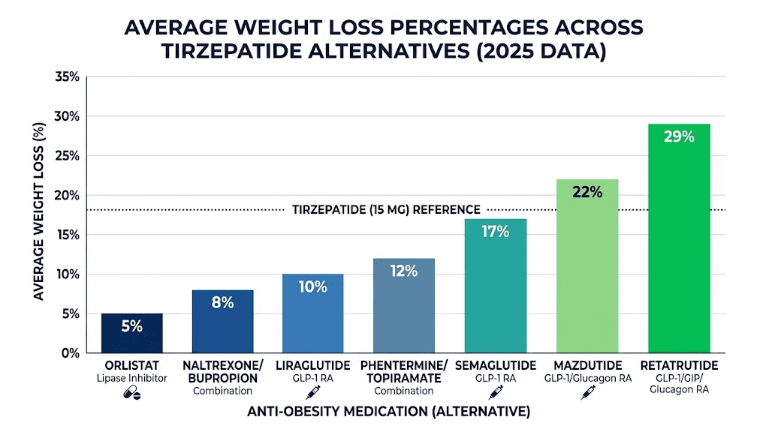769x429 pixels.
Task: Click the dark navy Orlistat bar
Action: point(131,333)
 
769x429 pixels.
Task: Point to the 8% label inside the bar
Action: point(223,303)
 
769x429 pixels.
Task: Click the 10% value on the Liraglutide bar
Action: point(312,286)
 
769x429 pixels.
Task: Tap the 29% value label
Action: point(679,137)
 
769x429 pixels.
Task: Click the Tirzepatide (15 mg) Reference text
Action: point(385,210)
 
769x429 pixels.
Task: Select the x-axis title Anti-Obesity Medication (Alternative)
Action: point(388,412)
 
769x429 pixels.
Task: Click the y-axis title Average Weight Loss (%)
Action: point(39,214)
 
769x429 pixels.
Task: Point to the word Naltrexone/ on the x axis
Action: point(223,365)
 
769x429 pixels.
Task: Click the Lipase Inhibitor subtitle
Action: point(131,379)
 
